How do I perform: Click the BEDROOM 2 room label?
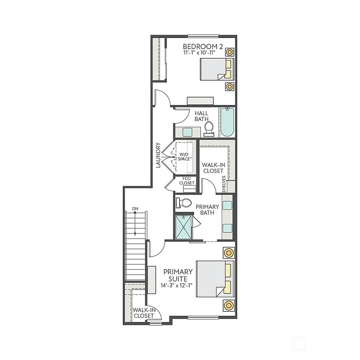point(202,46)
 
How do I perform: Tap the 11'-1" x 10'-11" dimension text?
point(202,53)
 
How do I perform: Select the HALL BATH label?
point(202,116)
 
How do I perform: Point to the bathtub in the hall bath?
point(227,122)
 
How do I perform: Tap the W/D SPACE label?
point(184,156)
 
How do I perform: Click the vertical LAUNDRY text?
point(158,155)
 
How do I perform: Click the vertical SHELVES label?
point(224,184)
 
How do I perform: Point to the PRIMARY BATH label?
point(207,210)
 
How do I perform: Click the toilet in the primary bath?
point(183,203)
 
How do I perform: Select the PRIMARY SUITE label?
point(178,275)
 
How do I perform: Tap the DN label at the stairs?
point(135,208)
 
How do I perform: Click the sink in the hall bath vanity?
point(187,132)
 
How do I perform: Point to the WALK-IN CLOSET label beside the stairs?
point(143,313)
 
